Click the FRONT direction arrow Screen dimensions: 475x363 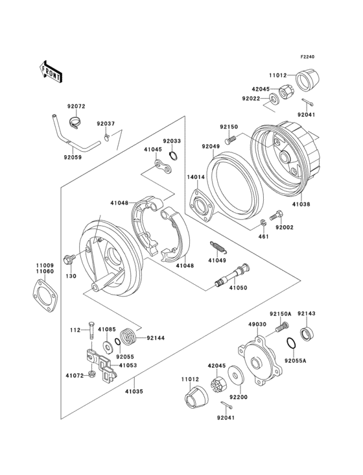click(x=51, y=71)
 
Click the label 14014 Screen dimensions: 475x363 click(x=197, y=177)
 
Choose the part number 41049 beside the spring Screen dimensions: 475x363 click(x=217, y=261)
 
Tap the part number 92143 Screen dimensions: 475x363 click(x=306, y=313)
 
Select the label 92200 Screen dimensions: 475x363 click(x=239, y=396)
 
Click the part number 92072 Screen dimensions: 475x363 click(x=75, y=106)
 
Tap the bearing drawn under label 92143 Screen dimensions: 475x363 click(x=305, y=334)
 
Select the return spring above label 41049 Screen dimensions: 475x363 click(x=218, y=247)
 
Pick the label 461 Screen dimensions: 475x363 click(x=263, y=237)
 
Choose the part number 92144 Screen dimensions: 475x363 click(x=156, y=338)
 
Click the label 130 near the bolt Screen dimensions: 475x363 click(x=71, y=276)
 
